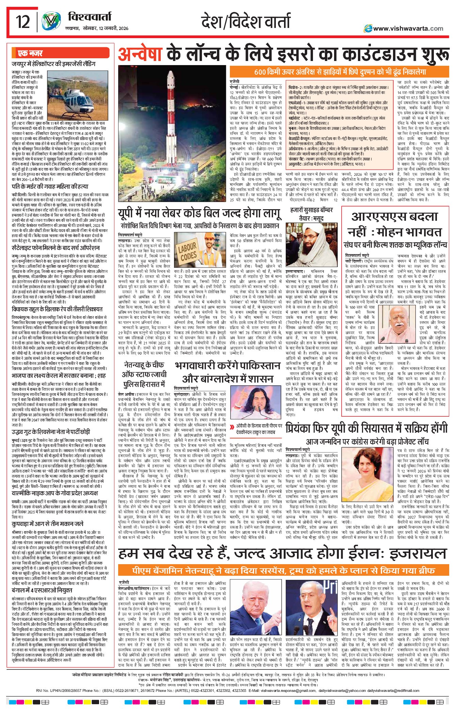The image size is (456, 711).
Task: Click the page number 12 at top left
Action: coord(23,21)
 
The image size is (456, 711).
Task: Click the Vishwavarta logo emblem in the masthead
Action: coord(51,21)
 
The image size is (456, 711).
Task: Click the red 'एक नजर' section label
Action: coord(31,53)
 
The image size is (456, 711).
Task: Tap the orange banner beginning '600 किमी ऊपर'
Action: coord(340,72)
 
